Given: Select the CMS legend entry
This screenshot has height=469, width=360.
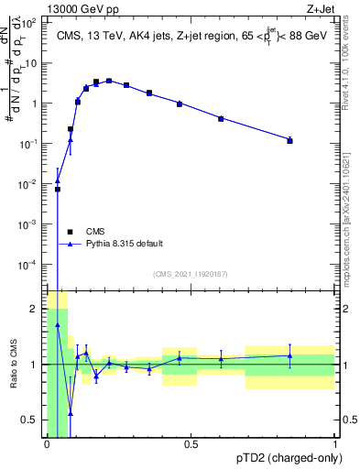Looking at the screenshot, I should (95, 231).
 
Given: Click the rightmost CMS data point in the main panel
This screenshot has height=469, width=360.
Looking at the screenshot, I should (289, 140).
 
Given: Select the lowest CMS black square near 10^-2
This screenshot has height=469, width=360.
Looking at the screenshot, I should (58, 190).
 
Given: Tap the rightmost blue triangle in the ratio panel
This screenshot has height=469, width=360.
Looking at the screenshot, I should (289, 355).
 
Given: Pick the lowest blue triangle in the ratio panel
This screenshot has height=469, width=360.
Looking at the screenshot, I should (71, 413).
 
